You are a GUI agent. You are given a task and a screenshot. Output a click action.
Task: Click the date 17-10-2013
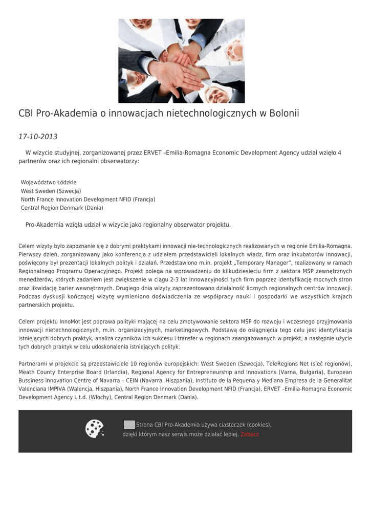click(38, 137)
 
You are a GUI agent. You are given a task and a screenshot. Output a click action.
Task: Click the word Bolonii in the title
click(279, 113)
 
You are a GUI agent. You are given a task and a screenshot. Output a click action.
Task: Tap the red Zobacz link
click(250, 434)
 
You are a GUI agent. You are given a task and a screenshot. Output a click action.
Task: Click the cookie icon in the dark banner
click(94, 429)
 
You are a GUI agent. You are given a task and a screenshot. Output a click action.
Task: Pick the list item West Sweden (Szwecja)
click(51, 191)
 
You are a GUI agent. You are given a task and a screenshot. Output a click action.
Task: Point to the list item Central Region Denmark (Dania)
click(62, 208)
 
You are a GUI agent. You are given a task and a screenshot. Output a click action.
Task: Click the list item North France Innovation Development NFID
click(88, 199)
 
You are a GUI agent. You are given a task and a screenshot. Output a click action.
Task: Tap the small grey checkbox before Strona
click(129, 424)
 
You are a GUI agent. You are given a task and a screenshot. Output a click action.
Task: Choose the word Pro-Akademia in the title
click(65, 113)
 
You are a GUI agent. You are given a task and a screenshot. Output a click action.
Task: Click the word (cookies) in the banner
click(258, 425)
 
